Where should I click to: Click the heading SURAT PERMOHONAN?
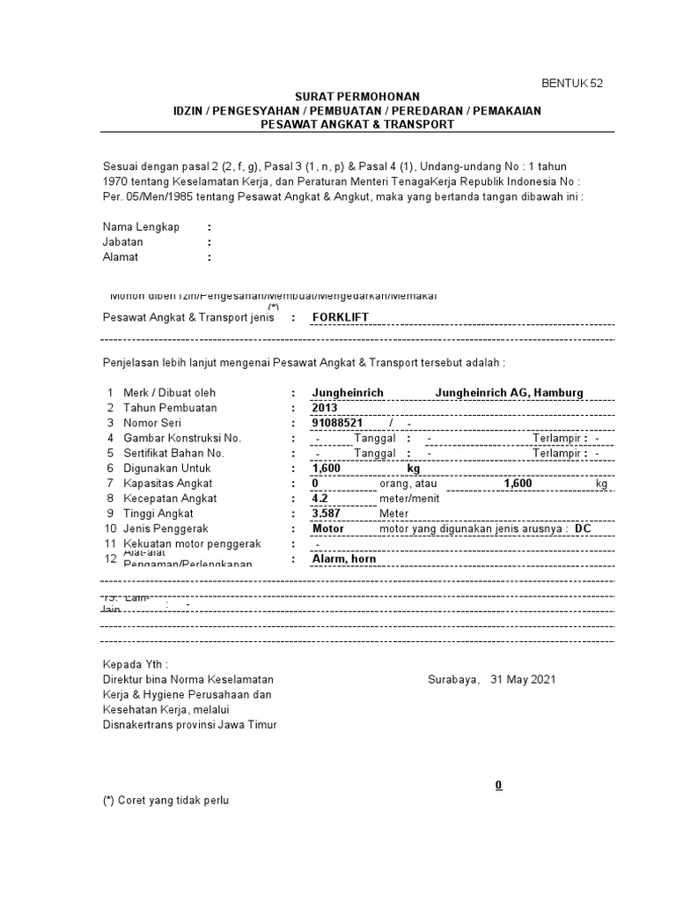pyautogui.click(x=356, y=96)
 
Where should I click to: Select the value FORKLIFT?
pyautogui.click(x=343, y=317)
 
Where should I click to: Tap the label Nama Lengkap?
pyautogui.click(x=141, y=226)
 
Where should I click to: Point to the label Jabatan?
pyautogui.click(x=122, y=241)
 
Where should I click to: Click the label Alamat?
pyautogui.click(x=121, y=257)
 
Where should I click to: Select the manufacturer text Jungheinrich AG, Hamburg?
pyautogui.click(x=509, y=393)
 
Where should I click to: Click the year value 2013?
pyautogui.click(x=325, y=408)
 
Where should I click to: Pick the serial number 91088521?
pyautogui.click(x=337, y=423)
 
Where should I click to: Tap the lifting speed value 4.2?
pyautogui.click(x=320, y=499)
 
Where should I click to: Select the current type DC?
pyautogui.click(x=583, y=529)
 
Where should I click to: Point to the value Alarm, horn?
pyautogui.click(x=344, y=558)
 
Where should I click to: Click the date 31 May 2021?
pyautogui.click(x=523, y=679)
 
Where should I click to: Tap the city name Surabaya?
pyautogui.click(x=453, y=679)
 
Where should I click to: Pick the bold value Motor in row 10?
pyautogui.click(x=328, y=529)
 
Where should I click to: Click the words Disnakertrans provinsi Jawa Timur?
pyautogui.click(x=189, y=724)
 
